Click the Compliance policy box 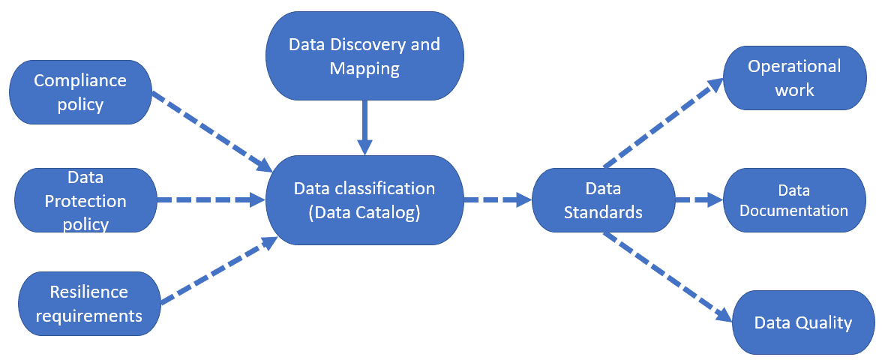coord(80,92)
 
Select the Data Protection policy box coord(85,201)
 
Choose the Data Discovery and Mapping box coord(364,57)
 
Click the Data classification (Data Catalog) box coord(364,200)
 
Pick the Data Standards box coord(603,201)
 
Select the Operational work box coord(794,78)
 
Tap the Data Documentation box coord(794,201)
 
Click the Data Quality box coord(802,322)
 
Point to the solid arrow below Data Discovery coord(364,126)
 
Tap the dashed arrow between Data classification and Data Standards coord(496,200)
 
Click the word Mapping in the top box coord(364,70)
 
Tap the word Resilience coord(88,292)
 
